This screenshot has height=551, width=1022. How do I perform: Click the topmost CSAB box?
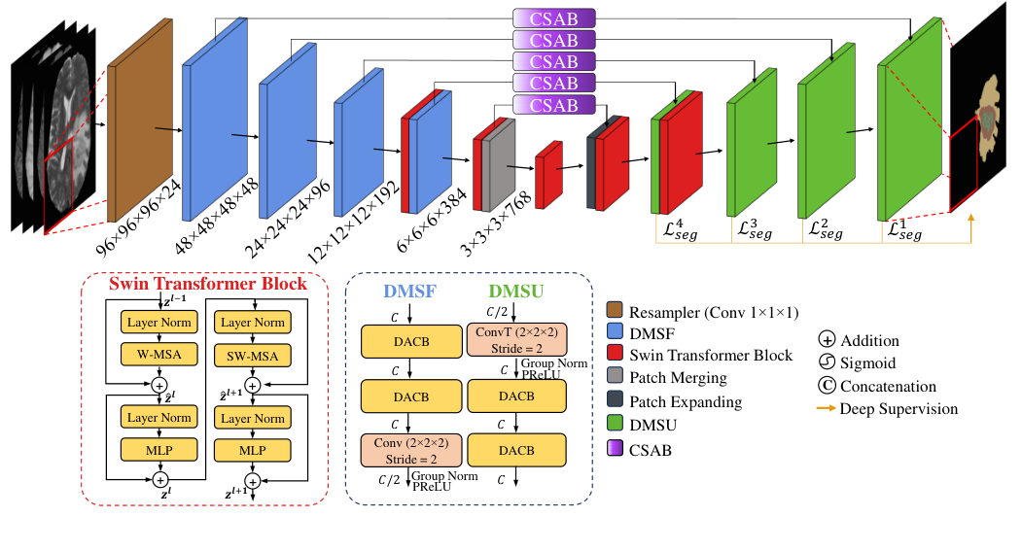[x=553, y=17]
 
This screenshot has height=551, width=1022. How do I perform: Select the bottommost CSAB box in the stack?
[x=553, y=104]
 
